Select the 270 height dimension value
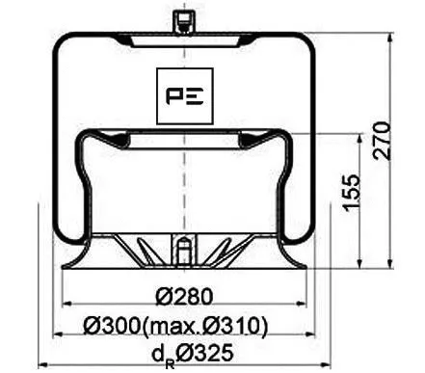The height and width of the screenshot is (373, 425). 383,143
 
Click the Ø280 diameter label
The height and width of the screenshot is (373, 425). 183,296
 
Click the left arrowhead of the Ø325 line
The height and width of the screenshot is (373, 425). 41,364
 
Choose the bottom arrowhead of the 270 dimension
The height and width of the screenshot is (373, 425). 389,266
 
